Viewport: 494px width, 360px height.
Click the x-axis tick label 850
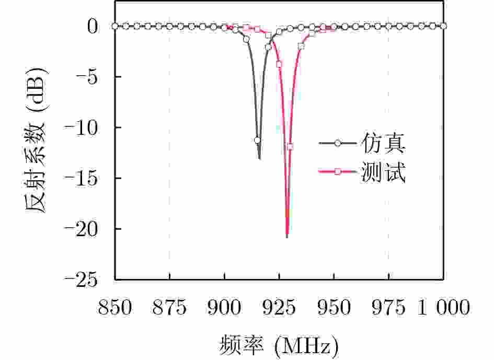tap(114, 309)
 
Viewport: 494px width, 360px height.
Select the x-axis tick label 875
tap(169, 309)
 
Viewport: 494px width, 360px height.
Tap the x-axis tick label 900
tap(224, 309)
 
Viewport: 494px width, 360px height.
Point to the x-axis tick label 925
tap(279, 309)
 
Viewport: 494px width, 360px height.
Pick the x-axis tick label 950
tap(334, 309)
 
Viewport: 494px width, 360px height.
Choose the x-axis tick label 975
tap(389, 309)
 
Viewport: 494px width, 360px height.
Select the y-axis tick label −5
tap(86, 77)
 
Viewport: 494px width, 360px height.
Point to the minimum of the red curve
tap(287, 238)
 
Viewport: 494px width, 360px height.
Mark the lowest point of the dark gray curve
tap(259, 159)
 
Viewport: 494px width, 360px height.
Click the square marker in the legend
tap(338, 172)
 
